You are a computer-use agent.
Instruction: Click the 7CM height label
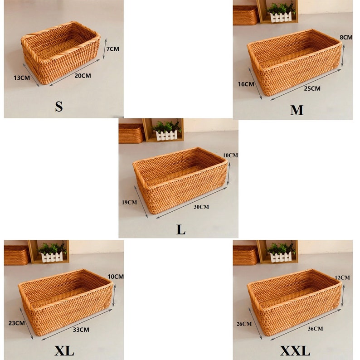[x=112, y=49]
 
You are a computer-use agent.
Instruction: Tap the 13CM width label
[x=21, y=78]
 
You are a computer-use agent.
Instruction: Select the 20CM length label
[x=83, y=76]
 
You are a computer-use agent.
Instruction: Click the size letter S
[x=58, y=107]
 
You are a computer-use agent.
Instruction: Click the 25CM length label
[x=312, y=88]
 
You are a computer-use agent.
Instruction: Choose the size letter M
[x=297, y=110]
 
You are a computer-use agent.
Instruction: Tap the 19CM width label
[x=129, y=202]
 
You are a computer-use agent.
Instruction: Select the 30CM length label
[x=201, y=207]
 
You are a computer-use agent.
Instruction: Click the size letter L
[x=181, y=230]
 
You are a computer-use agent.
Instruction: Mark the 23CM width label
[x=17, y=323]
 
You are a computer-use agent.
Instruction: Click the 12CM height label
[x=343, y=277]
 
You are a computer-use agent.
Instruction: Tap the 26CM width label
[x=244, y=324]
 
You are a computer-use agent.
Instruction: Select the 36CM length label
[x=315, y=328]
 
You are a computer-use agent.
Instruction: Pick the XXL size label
[x=295, y=351]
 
